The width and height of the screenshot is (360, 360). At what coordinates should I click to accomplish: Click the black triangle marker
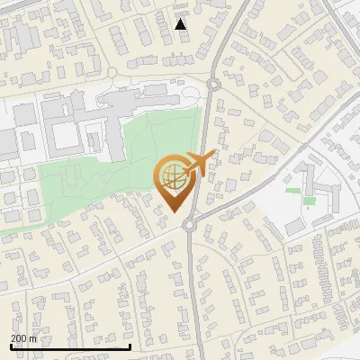pos(181,24)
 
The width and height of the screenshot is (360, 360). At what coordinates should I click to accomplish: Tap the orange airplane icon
pos(196,164)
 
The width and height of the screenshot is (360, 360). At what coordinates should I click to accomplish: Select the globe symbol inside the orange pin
pos(172,176)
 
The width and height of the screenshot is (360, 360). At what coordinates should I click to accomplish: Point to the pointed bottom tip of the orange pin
pos(173,213)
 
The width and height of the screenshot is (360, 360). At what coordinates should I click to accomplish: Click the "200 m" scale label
pos(24,338)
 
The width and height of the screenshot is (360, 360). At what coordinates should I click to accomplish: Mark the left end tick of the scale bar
pos(11,346)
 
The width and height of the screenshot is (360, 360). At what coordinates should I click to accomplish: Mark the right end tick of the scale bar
pos(130,346)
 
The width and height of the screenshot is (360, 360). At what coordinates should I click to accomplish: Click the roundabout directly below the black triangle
pos(213,85)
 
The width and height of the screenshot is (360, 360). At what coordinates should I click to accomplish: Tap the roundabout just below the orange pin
pos(190,226)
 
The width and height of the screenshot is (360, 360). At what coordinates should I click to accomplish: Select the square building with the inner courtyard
pos(64,136)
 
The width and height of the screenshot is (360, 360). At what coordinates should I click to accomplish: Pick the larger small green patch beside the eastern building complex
pos(309,201)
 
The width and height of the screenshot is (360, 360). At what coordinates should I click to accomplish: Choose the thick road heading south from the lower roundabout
pos(191,288)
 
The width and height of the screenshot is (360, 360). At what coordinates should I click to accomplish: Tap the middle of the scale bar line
pos(70,346)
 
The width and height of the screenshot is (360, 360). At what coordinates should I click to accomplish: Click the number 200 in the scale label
pos(19,338)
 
